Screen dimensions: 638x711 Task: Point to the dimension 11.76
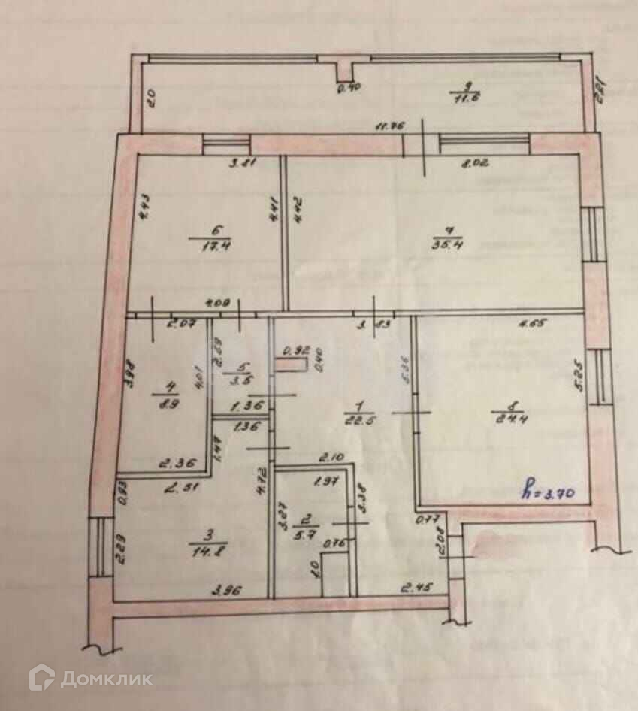pyautogui.click(x=388, y=126)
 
